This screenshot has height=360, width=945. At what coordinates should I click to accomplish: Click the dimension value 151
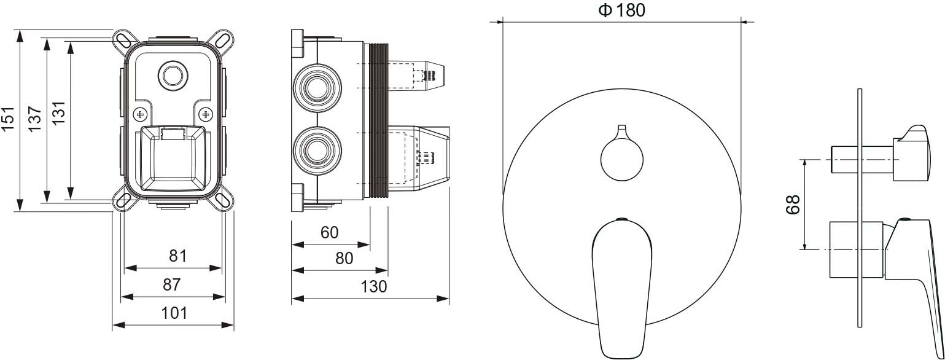(x=9, y=119)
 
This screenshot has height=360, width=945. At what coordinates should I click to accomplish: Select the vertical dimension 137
(x=34, y=119)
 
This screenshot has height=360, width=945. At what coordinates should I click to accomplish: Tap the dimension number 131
(x=59, y=112)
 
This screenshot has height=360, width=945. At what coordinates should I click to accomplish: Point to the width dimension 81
(x=177, y=256)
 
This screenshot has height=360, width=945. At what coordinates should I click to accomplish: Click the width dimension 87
(x=172, y=284)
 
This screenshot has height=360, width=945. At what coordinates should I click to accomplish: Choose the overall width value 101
(x=174, y=313)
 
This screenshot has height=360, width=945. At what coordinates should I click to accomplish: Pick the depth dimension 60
(x=330, y=233)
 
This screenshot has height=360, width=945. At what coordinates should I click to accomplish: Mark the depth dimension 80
(x=344, y=258)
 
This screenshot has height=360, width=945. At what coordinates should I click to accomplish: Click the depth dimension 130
(x=374, y=287)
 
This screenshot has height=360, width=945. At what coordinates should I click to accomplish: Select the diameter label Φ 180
(x=622, y=10)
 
